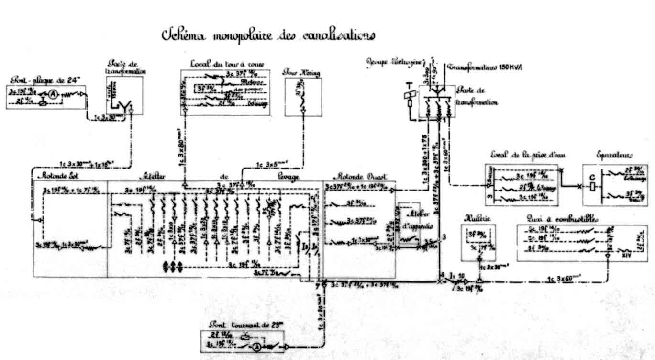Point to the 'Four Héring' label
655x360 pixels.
[x=301, y=73]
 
